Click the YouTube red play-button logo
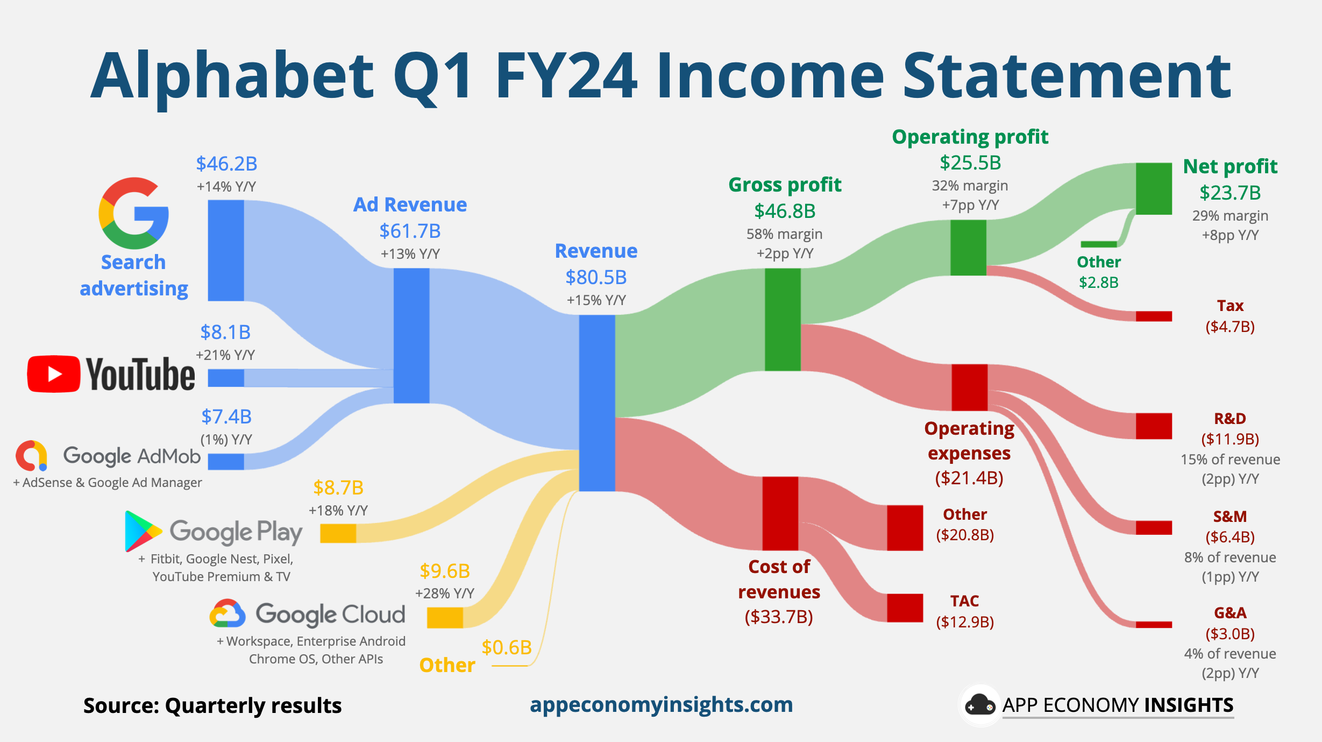(54, 374)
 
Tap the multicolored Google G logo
(133, 213)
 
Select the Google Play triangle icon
(142, 531)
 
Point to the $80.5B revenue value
(596, 277)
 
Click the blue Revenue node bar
(596, 402)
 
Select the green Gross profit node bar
(783, 320)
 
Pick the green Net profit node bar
(1154, 188)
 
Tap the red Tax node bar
(1154, 316)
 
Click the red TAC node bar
(905, 607)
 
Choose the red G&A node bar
(1154, 625)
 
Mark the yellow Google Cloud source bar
(445, 618)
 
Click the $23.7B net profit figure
(1230, 193)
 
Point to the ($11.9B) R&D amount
(1230, 439)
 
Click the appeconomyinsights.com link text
(661, 704)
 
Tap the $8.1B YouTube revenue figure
(225, 332)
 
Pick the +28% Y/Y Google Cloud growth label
(444, 593)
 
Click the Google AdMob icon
(32, 456)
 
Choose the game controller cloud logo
(979, 705)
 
